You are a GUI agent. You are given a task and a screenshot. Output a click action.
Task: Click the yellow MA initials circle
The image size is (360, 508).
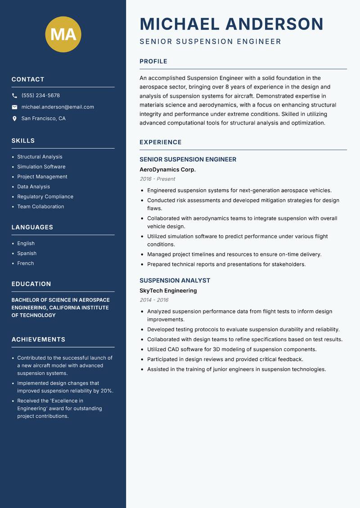tap(63, 34)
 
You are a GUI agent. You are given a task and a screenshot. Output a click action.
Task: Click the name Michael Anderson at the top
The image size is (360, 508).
tap(231, 24)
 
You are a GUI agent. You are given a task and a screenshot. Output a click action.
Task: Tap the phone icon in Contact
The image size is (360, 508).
tap(14, 96)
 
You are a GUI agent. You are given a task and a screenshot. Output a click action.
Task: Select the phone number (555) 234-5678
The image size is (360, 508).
tap(40, 96)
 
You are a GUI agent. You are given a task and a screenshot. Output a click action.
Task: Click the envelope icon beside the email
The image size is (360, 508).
tap(14, 107)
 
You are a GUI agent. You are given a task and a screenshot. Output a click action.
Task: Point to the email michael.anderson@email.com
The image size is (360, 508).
tap(58, 107)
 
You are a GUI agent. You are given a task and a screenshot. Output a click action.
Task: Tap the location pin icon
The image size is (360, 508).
tap(14, 119)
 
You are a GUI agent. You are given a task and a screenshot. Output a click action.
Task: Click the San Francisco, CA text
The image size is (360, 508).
tap(43, 119)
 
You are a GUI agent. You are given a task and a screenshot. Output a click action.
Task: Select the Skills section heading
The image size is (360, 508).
tap(23, 141)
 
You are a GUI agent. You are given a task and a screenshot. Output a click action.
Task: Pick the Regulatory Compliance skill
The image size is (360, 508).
tap(45, 196)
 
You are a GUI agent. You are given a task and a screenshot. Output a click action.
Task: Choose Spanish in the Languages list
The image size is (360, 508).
tap(27, 253)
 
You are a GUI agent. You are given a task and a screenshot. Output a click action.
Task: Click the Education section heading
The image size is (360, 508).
tap(31, 284)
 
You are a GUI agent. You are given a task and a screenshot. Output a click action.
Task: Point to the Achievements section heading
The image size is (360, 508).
tap(38, 339)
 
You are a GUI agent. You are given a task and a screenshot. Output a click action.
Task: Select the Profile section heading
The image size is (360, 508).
tap(153, 62)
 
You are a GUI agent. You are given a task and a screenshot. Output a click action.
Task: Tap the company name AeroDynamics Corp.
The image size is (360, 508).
tap(167, 169)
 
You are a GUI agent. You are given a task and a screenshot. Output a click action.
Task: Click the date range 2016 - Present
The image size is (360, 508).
tap(157, 179)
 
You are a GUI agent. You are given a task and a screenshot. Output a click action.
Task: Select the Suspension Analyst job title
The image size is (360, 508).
tap(175, 281)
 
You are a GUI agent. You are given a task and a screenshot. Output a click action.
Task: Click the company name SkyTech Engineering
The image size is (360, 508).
tap(168, 290)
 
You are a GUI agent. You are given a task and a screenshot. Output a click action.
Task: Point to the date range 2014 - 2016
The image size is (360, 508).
tap(154, 300)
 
